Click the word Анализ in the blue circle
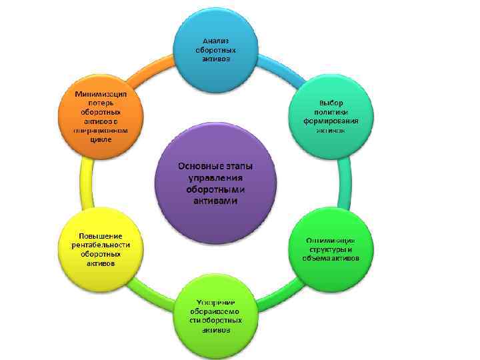pyautogui.click(x=215, y=41)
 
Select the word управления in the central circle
pyautogui.click(x=215, y=177)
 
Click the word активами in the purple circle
pyautogui.click(x=215, y=201)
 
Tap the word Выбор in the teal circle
pyautogui.click(x=331, y=103)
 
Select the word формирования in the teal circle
pyautogui.click(x=331, y=121)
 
